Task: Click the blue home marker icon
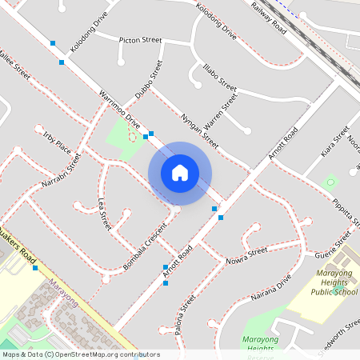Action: pos(180,173)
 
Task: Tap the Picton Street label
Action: pos(140,40)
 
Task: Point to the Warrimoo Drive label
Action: pos(120,110)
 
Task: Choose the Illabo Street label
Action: pos(220,75)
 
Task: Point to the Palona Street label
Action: pos(182,314)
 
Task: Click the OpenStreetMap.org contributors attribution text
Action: pos(107,354)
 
